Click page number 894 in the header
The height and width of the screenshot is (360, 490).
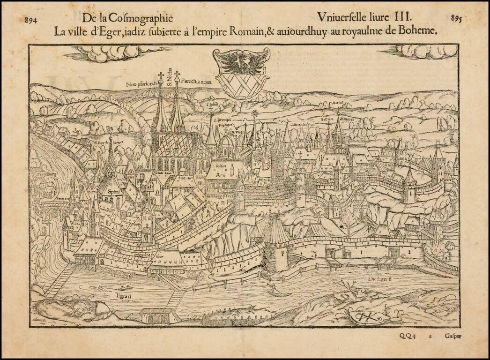coord(31,20)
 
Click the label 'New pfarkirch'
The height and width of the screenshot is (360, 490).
coord(141,84)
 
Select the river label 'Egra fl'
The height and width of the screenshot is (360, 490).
coord(124,296)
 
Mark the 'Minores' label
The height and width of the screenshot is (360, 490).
coord(347,120)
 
